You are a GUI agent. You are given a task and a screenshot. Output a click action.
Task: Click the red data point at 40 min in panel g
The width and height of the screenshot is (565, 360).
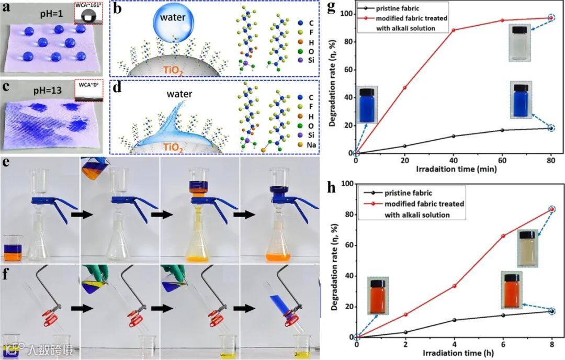453,30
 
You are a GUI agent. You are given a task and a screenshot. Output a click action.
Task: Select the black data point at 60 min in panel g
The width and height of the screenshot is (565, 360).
502,130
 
